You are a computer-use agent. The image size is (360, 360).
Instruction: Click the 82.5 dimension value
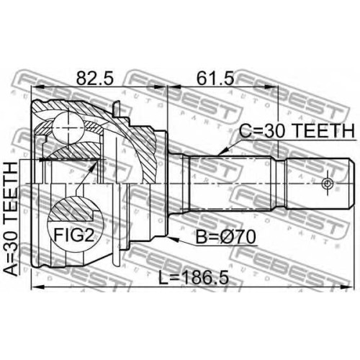click(94, 78)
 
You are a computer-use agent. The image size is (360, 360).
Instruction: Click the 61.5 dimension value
click(215, 78)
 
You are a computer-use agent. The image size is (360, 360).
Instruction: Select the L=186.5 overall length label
click(194, 277)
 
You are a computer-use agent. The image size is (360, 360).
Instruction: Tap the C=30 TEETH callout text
click(297, 131)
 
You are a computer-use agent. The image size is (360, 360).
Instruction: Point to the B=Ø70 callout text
click(225, 238)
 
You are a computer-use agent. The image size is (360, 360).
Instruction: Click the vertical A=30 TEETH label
click(11, 219)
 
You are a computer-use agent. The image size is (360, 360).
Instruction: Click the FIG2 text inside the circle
click(73, 235)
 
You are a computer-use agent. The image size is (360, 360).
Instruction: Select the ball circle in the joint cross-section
click(68, 127)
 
